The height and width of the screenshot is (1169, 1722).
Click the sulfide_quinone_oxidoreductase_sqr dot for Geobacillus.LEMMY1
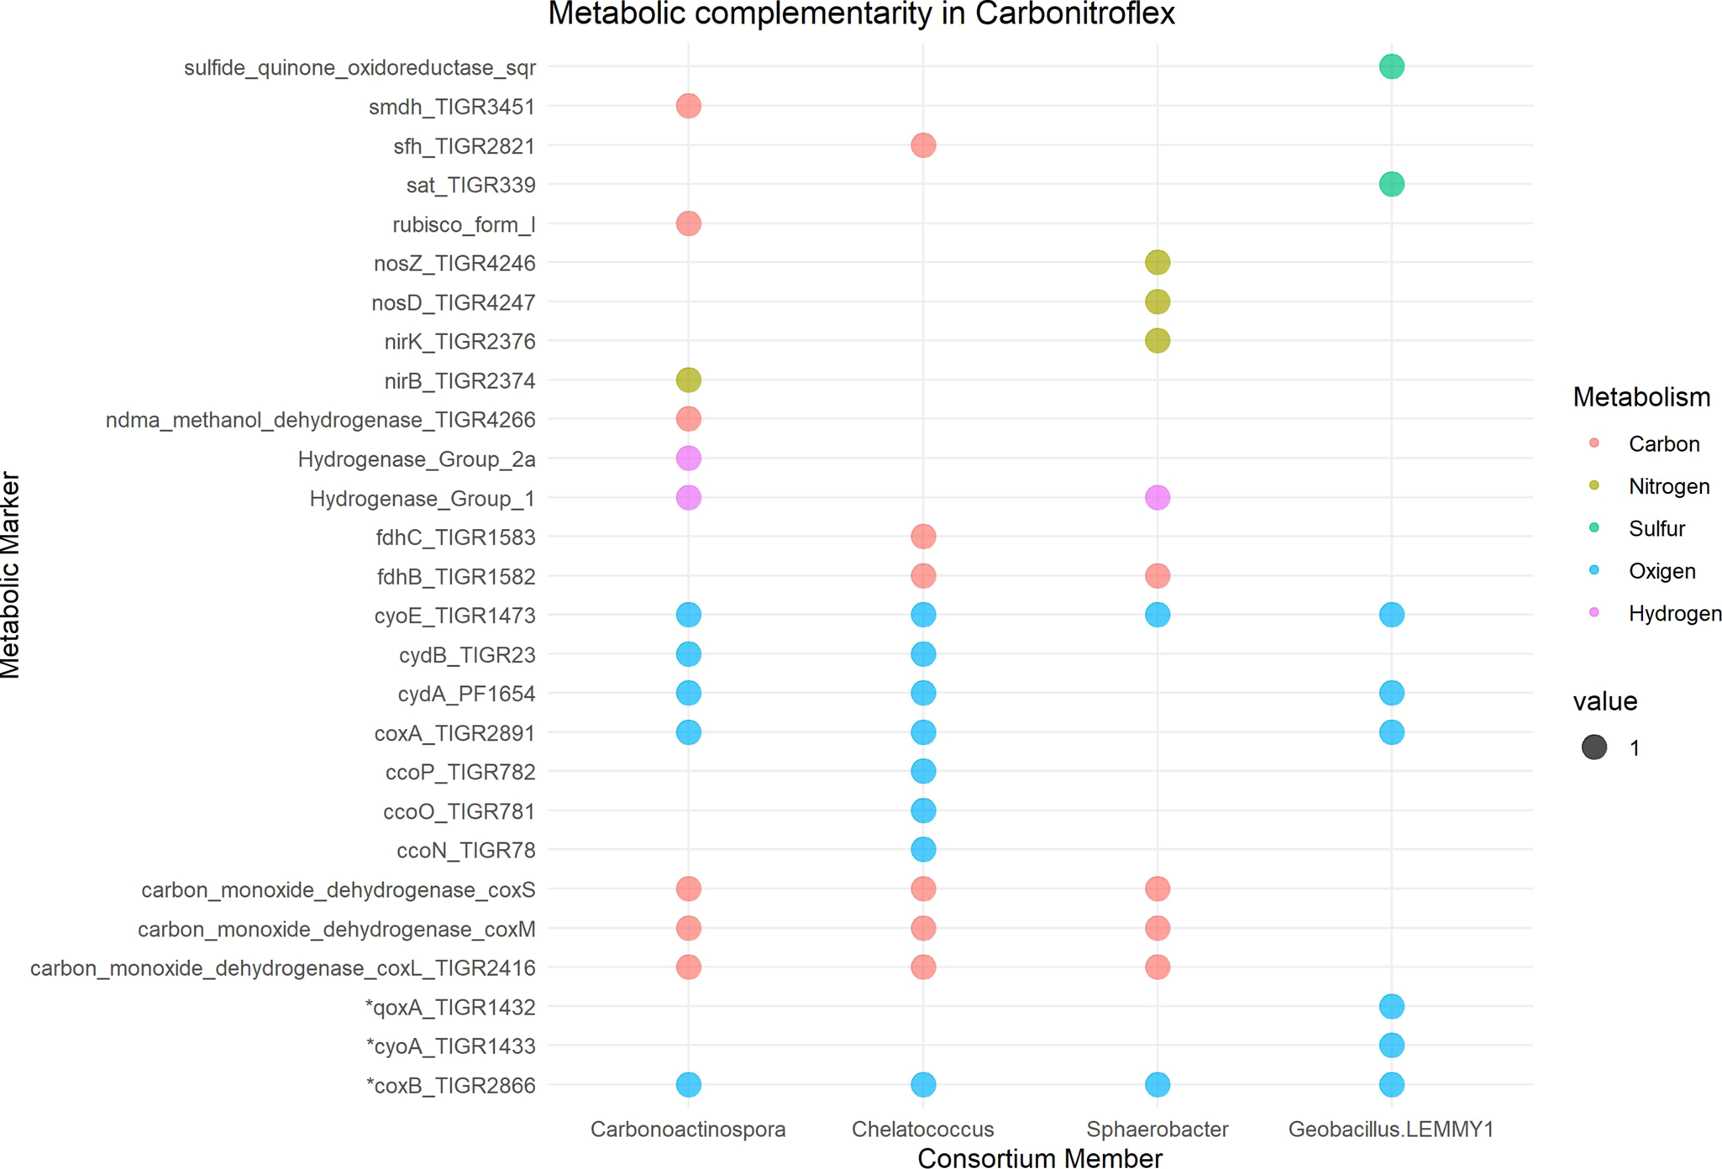pyautogui.click(x=1391, y=66)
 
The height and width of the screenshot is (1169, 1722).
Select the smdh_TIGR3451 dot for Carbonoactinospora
pyautogui.click(x=688, y=106)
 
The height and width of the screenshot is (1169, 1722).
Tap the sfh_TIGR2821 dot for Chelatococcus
pyautogui.click(x=922, y=145)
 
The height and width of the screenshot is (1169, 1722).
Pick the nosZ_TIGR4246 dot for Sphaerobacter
pyautogui.click(x=1157, y=263)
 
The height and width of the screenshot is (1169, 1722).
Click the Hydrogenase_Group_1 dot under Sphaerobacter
pyautogui.click(x=1157, y=498)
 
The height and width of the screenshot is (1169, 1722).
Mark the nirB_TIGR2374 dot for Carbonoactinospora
pyautogui.click(x=688, y=380)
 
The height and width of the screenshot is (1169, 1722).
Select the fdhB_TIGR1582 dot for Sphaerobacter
pyautogui.click(x=1157, y=576)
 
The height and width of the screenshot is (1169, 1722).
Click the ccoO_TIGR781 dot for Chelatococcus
pyautogui.click(x=922, y=810)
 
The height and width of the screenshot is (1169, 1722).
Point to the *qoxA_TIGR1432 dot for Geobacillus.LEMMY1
pyautogui.click(x=1391, y=1006)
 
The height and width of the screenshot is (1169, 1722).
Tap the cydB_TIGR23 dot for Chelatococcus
pyautogui.click(x=922, y=654)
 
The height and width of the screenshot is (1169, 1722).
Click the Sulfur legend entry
pyautogui.click(x=1656, y=528)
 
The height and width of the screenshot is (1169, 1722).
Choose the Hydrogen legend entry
pyautogui.click(x=1674, y=613)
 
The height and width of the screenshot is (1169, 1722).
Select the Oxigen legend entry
pyautogui.click(x=1661, y=571)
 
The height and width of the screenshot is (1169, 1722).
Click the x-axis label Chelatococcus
pyautogui.click(x=922, y=1130)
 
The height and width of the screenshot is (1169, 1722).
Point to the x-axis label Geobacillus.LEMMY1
pyautogui.click(x=1391, y=1130)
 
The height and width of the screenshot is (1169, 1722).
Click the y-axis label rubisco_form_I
pyautogui.click(x=464, y=224)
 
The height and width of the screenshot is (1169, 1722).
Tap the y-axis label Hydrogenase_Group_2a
pyautogui.click(x=416, y=459)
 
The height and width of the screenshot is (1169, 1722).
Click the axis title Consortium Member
pyautogui.click(x=1039, y=1158)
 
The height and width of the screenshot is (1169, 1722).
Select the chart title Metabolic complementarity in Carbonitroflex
pyautogui.click(x=861, y=14)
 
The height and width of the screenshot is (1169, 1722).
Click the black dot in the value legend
pyautogui.click(x=1593, y=747)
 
